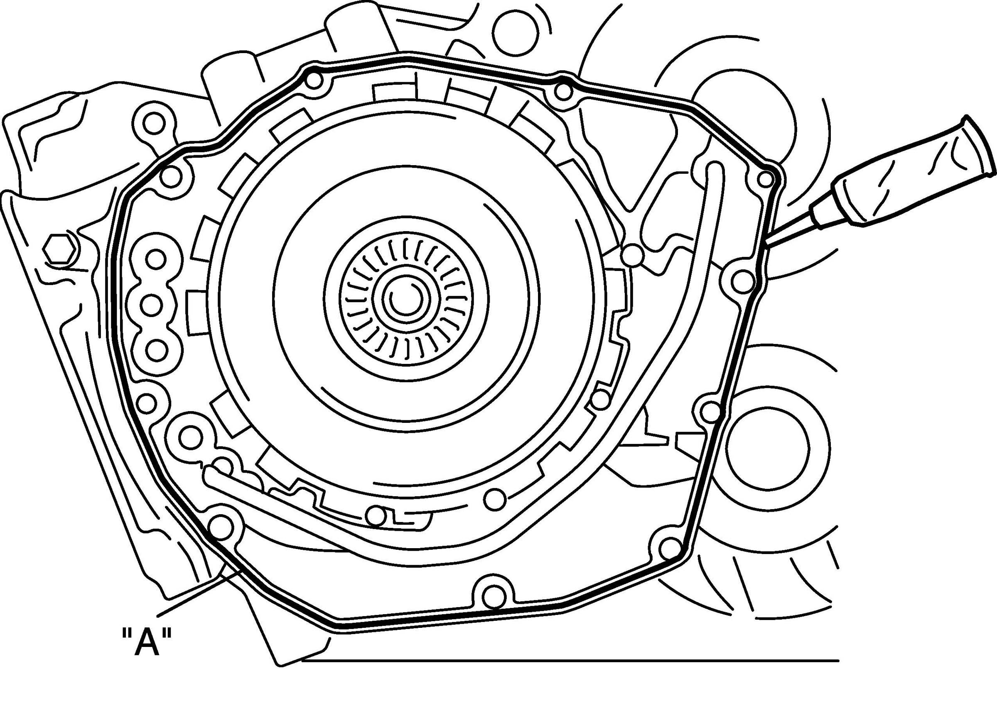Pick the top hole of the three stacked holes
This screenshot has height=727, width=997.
155,261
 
